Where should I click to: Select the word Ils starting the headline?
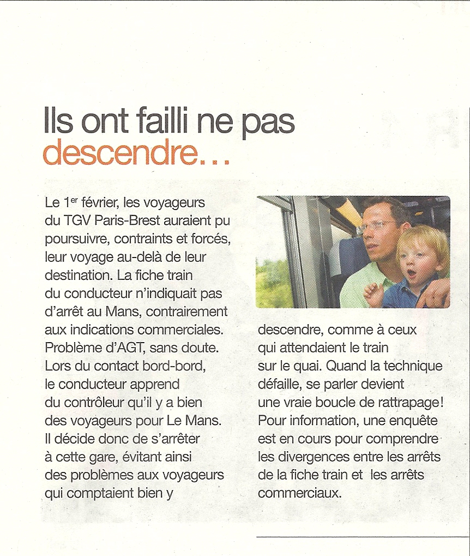[59, 122]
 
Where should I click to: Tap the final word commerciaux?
[299, 493]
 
